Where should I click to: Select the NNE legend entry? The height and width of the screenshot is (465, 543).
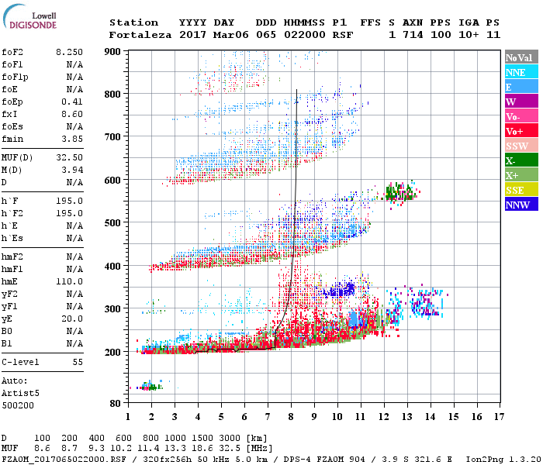(521, 72)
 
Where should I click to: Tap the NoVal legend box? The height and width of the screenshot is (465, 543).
(521, 57)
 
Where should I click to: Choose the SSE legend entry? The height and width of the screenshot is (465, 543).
(521, 191)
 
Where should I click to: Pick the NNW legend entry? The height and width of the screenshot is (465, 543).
(521, 205)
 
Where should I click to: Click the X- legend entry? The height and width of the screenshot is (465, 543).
(521, 161)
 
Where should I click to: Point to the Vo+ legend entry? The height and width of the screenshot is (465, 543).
(521, 132)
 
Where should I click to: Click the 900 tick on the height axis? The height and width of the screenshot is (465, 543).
(113, 52)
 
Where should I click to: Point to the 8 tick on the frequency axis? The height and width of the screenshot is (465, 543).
(291, 417)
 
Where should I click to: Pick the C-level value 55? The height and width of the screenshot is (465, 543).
(77, 362)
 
